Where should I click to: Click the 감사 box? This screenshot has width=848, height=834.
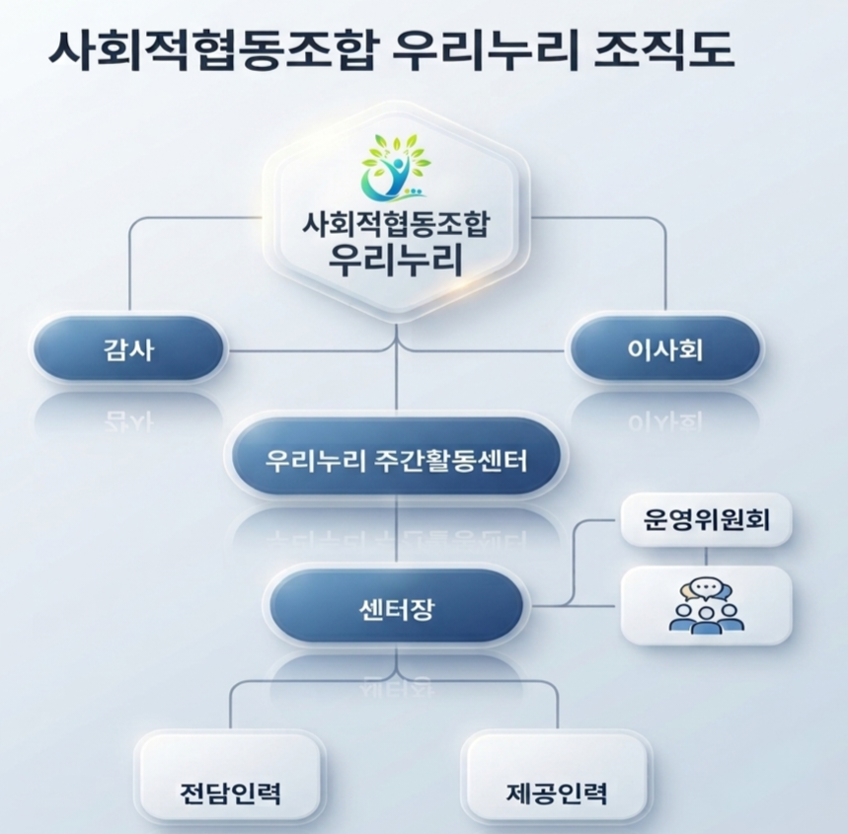point(128,348)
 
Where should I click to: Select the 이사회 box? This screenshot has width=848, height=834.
point(665,348)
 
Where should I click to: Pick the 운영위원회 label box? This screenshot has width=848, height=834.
point(706,519)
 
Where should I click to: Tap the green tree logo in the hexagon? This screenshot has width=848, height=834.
point(397,166)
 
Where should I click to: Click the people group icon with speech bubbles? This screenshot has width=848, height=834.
point(706,606)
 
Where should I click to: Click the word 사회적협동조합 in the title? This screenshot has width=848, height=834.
point(211,49)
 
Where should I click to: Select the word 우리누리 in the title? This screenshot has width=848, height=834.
point(483,49)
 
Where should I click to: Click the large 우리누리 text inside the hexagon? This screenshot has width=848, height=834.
point(396,260)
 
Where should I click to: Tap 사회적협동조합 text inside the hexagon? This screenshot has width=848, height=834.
point(396,223)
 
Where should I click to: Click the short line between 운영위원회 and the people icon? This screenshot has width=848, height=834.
point(706,556)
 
